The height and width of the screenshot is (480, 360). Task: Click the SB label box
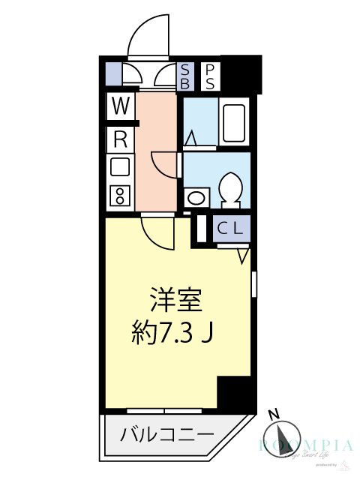click(x=184, y=76)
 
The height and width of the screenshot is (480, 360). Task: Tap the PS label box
click(x=211, y=76)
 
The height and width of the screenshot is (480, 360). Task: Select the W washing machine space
click(x=119, y=105)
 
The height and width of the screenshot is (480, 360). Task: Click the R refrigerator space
click(x=119, y=138)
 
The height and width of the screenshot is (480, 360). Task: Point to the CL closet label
click(x=229, y=229)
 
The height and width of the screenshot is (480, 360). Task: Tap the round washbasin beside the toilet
click(x=195, y=199)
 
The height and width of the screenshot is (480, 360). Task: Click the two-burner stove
click(x=119, y=196)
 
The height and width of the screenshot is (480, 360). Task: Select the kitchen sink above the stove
click(x=119, y=167)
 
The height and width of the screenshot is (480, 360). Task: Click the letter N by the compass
click(x=274, y=413)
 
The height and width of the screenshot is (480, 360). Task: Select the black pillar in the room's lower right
click(x=233, y=391)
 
